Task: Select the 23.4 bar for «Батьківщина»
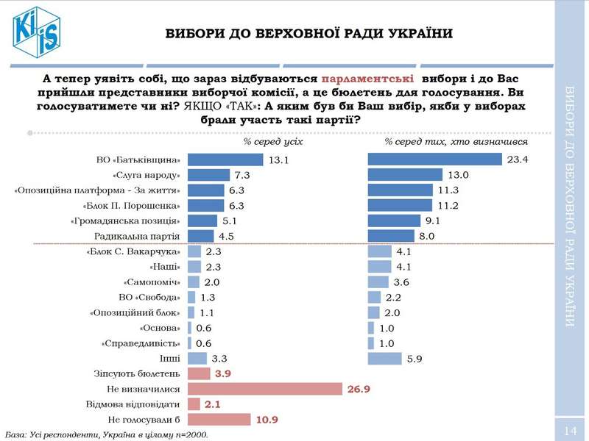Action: click(434, 159)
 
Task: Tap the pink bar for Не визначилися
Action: click(265, 389)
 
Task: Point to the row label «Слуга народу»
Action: click(147, 176)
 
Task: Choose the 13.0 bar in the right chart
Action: click(405, 175)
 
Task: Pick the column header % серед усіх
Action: click(273, 141)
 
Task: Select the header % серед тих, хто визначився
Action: click(456, 141)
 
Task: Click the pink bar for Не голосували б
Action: click(220, 419)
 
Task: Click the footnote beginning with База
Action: click(107, 434)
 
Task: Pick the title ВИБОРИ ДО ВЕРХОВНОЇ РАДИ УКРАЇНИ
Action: click(308, 34)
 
